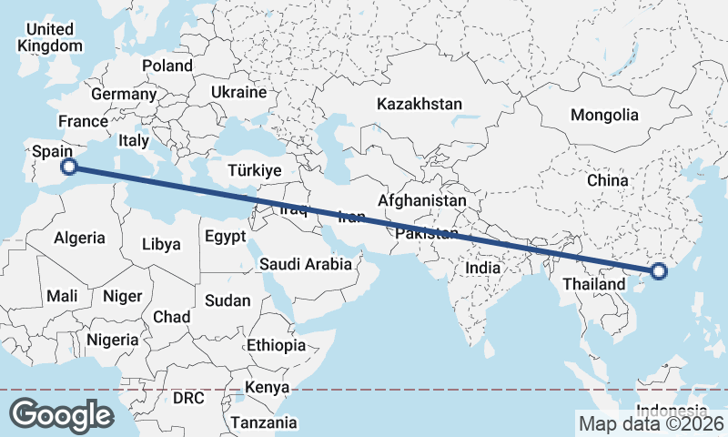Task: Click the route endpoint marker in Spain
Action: (x=68, y=167)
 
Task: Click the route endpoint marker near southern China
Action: (x=659, y=270)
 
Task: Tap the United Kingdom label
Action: (x=50, y=37)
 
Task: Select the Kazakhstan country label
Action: (x=420, y=104)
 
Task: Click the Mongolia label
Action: (x=604, y=115)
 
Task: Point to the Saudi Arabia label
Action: (x=305, y=265)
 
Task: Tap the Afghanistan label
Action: (x=422, y=200)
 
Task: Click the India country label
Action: (x=482, y=268)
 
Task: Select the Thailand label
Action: (x=593, y=284)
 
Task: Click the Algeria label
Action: (x=80, y=238)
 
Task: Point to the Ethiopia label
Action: (x=276, y=345)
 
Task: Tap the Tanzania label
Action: (x=263, y=422)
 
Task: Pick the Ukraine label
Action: (x=238, y=92)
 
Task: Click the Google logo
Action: (x=61, y=414)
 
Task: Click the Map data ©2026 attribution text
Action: (x=651, y=423)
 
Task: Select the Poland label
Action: (x=167, y=66)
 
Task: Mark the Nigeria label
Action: (x=113, y=340)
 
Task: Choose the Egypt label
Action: (x=225, y=237)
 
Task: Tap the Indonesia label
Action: (x=671, y=409)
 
